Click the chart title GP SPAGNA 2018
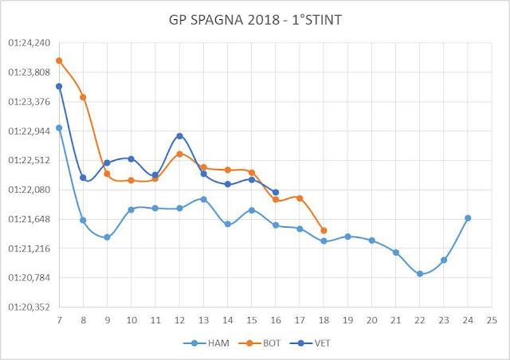coord(255,19)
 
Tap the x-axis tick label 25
coord(492,319)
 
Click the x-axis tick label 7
coord(59,319)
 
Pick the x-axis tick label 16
coord(276,319)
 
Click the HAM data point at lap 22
coord(420,274)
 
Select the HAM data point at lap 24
coord(468,218)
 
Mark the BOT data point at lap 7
coord(59,61)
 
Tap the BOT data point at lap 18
coord(324,231)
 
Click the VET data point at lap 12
coord(179,136)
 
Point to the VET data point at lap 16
coord(276,192)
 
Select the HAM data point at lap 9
coord(107,237)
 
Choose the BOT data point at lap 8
coord(83,97)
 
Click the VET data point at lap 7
coord(59,86)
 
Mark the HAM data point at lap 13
coord(203,199)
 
